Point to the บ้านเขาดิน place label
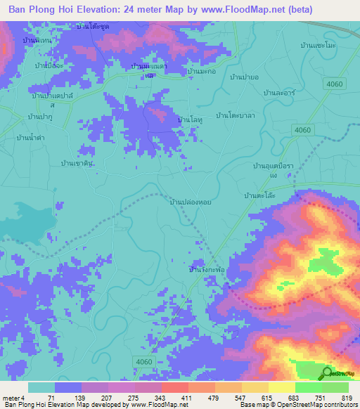point(77,162)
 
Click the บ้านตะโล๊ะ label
point(259,196)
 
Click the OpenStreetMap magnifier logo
point(328,373)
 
